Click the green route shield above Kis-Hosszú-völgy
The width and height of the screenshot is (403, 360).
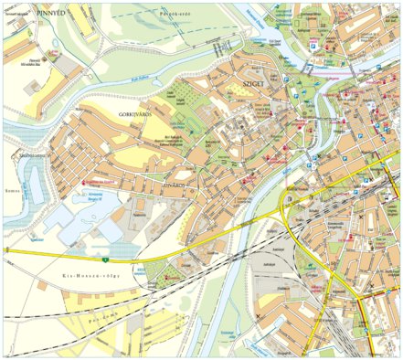tap(131, 260)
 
